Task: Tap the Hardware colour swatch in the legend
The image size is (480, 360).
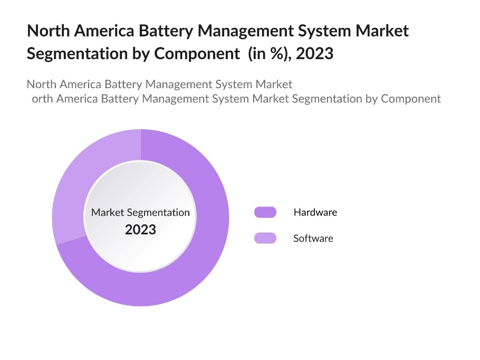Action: click(265, 212)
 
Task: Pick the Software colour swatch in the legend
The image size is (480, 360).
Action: click(265, 238)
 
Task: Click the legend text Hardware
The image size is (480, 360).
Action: click(315, 212)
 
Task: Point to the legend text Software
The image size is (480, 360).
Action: click(313, 238)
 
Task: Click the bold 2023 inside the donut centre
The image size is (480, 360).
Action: click(140, 230)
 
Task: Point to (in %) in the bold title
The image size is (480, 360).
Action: click(268, 53)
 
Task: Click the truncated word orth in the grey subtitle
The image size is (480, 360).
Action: click(42, 98)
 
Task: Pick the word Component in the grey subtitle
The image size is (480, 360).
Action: click(411, 99)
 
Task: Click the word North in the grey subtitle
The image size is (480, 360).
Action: click(41, 84)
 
